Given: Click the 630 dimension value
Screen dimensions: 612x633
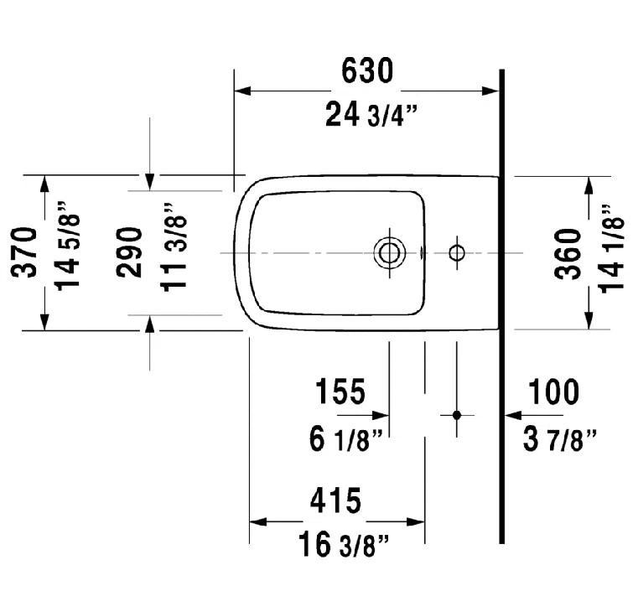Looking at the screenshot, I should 366,73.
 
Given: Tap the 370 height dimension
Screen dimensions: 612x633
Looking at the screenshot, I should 26,252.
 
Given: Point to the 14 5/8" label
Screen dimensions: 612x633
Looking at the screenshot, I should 70,252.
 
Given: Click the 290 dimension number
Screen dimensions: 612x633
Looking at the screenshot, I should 129,252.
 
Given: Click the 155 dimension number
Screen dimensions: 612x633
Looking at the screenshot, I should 340,392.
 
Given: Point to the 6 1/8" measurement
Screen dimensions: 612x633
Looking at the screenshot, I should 346,438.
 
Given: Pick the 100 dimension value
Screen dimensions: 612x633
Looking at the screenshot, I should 553,392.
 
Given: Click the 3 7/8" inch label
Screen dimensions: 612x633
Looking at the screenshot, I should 559,438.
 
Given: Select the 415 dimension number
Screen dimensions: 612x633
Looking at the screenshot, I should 335,500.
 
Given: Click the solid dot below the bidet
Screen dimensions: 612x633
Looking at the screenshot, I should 457,415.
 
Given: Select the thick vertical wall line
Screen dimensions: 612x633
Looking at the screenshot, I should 501,335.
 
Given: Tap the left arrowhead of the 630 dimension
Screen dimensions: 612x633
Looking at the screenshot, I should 240,91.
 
